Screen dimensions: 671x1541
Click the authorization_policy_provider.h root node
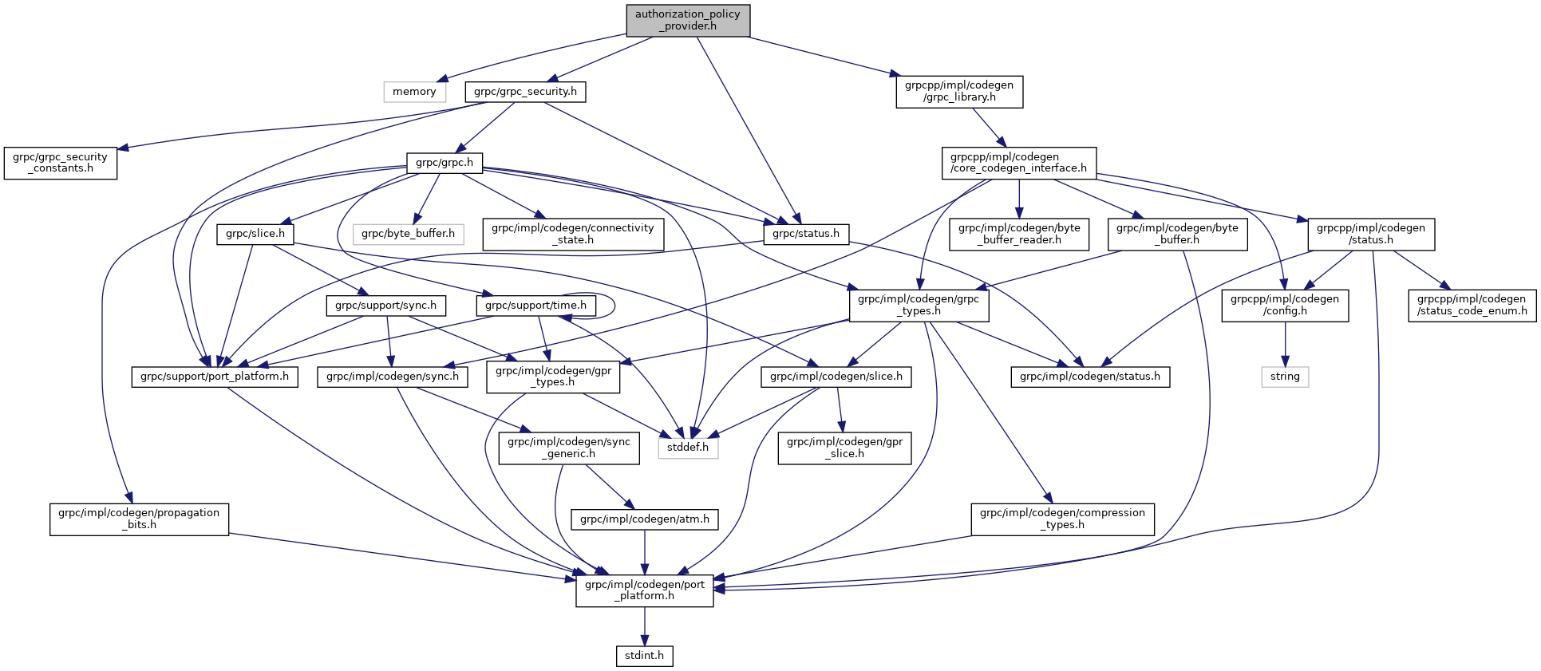[688, 20]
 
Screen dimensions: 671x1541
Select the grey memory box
[414, 92]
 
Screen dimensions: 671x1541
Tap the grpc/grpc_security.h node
[525, 92]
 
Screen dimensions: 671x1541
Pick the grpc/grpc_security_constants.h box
[61, 163]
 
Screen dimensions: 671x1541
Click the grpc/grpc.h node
[445, 163]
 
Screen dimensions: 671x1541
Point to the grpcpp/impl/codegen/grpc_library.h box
[959, 92]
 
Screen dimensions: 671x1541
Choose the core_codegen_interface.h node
[1018, 163]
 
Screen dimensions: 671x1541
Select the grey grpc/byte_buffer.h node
[408, 234]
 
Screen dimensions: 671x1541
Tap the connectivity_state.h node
[573, 234]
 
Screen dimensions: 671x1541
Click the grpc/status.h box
[806, 234]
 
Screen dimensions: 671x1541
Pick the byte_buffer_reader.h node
[1019, 234]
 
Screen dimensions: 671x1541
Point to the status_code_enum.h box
[1472, 305]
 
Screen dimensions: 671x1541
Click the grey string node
[1285, 377]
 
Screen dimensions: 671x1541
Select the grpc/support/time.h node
[535, 306]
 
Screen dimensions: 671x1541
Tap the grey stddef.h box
[688, 448]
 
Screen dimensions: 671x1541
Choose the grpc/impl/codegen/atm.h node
[645, 519]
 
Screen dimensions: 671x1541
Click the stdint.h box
[644, 656]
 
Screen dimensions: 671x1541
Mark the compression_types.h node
[1062, 519]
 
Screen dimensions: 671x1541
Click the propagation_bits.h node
[139, 519]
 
